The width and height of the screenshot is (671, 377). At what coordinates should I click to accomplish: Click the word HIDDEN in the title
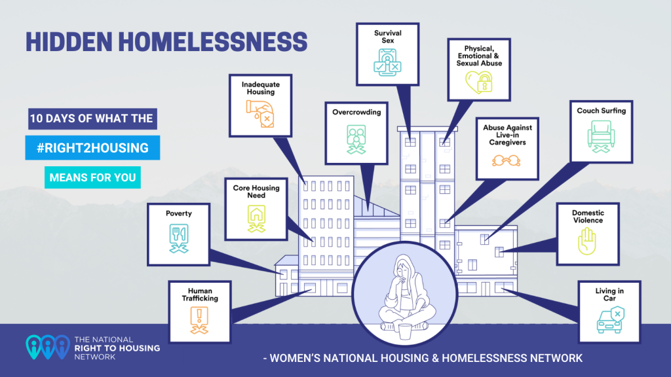(x=69, y=42)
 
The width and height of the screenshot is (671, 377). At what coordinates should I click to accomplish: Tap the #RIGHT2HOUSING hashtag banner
(x=92, y=148)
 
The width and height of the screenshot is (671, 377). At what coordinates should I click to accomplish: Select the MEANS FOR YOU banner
(x=92, y=177)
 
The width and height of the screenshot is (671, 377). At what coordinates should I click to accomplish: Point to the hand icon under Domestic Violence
(x=587, y=241)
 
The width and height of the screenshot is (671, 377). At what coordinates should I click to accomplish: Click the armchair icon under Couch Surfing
(x=602, y=136)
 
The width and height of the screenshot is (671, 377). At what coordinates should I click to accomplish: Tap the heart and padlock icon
(x=479, y=82)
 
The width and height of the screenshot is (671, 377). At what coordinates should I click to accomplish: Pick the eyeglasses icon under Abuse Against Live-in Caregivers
(x=507, y=161)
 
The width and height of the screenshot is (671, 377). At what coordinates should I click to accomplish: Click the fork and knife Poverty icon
(x=179, y=238)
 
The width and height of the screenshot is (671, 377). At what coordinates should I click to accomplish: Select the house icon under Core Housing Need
(x=256, y=219)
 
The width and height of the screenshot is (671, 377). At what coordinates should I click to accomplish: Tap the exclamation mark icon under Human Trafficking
(x=199, y=319)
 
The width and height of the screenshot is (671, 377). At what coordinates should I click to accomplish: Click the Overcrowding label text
(x=356, y=112)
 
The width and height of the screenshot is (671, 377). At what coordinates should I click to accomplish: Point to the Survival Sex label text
(x=388, y=37)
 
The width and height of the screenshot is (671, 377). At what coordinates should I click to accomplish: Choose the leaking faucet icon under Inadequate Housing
(x=260, y=114)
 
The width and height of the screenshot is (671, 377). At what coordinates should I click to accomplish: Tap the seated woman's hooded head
(x=404, y=268)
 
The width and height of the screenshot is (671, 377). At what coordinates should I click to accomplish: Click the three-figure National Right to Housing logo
(x=47, y=347)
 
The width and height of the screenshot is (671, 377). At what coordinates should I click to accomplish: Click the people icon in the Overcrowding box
(x=356, y=139)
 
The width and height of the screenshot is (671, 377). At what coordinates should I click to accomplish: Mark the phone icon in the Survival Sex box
(x=387, y=62)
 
